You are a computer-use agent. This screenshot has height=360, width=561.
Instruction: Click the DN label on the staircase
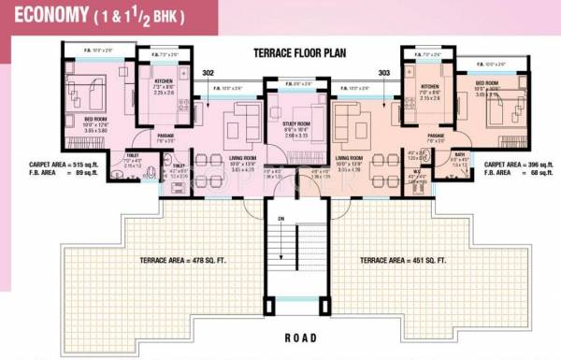[x=280, y=219]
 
